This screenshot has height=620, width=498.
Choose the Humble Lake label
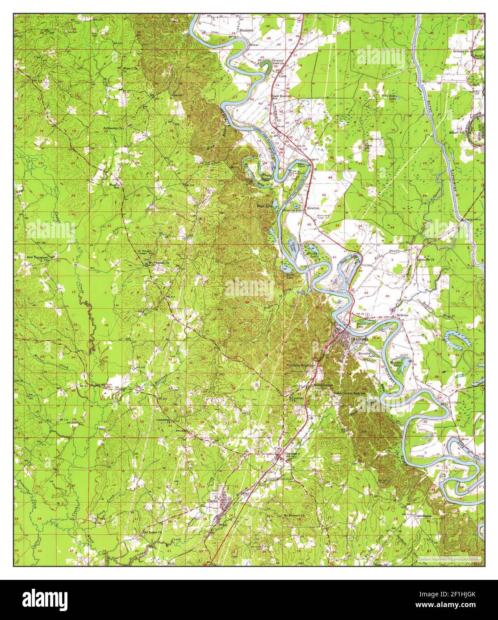(x=396, y=363)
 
